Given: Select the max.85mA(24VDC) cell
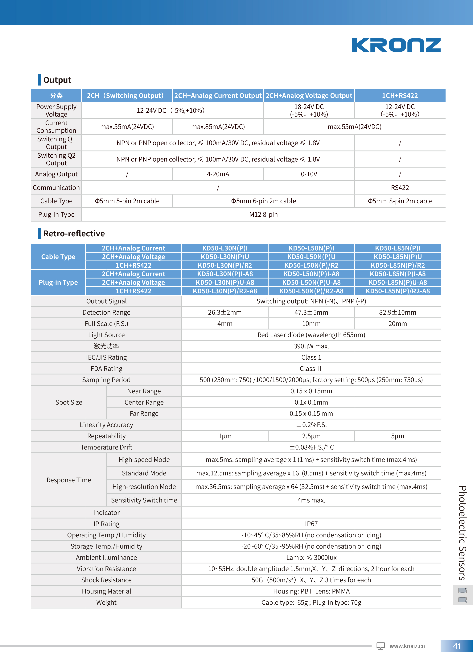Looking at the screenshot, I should point(218,127).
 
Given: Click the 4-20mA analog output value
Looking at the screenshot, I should point(218,174).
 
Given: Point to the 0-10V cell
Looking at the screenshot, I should point(309,174).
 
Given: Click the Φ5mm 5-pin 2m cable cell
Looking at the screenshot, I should point(127,201).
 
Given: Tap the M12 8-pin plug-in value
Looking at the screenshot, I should point(263,214).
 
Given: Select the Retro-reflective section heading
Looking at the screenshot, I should point(74,234).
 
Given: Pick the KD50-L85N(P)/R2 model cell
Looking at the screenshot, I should point(398,265).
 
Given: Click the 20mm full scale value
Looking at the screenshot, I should point(398,324).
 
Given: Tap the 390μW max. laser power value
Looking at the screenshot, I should point(311,346).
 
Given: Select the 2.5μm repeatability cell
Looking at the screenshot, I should point(311,436).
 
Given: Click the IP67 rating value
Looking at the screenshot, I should point(311,524).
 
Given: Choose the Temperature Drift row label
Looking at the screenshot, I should point(106,447).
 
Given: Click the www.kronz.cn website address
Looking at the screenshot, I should point(407,646).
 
